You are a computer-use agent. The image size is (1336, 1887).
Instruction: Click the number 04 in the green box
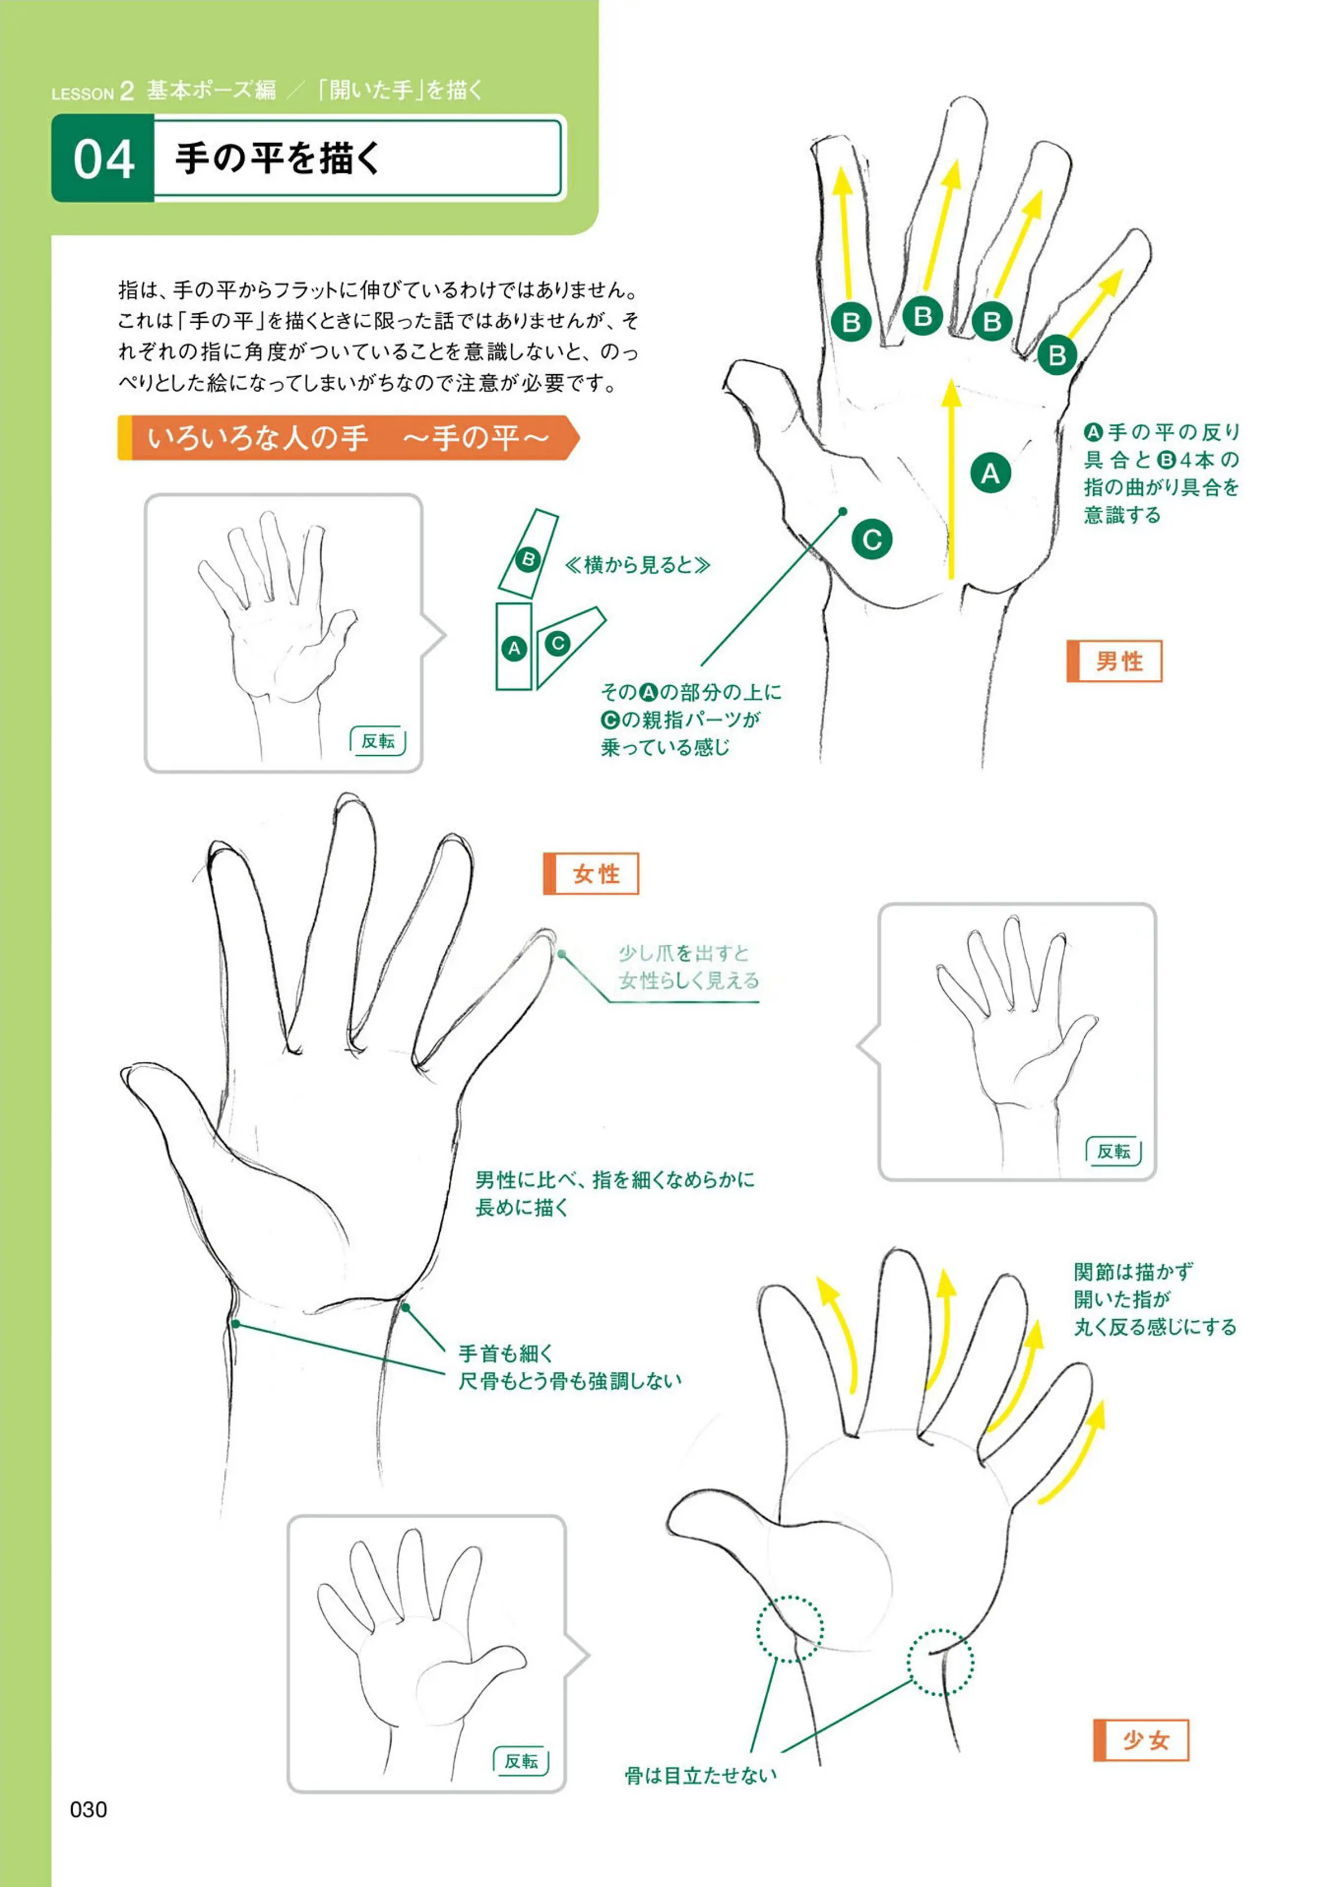click(104, 159)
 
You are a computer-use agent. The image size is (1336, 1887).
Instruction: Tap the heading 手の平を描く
click(278, 158)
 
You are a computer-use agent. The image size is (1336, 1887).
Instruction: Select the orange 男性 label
click(1114, 661)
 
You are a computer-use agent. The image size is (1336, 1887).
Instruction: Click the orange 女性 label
click(591, 874)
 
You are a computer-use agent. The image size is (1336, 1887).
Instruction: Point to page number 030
click(88, 1810)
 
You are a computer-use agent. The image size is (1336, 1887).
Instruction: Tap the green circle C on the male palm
click(872, 540)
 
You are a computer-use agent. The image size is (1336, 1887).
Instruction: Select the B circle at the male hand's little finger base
click(1057, 355)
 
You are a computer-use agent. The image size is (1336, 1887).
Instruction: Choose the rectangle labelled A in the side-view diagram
click(514, 647)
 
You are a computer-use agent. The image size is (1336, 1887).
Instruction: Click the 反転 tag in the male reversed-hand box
click(378, 741)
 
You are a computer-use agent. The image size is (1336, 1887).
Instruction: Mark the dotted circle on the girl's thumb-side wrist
click(790, 1630)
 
